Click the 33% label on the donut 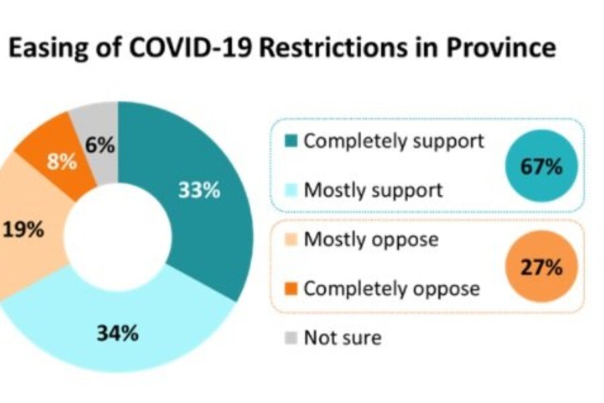pyautogui.click(x=199, y=191)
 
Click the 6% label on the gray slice pyautogui.click(x=99, y=145)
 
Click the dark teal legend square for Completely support pyautogui.click(x=291, y=142)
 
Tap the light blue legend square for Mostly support pyautogui.click(x=291, y=190)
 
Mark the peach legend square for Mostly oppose pyautogui.click(x=291, y=239)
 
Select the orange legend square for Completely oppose pyautogui.click(x=291, y=289)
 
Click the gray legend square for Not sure pyautogui.click(x=291, y=337)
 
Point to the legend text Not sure pyautogui.click(x=342, y=337)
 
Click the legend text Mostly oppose pyautogui.click(x=371, y=239)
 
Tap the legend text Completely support pyautogui.click(x=393, y=142)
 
